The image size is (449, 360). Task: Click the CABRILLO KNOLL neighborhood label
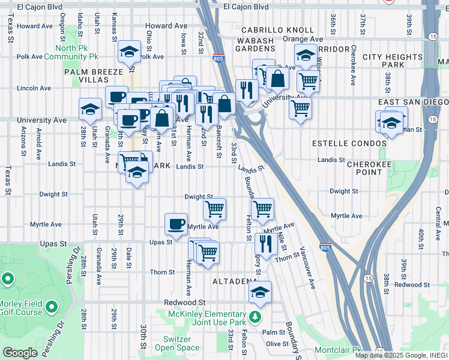(x=277, y=30)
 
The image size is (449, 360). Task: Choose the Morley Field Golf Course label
(x=21, y=307)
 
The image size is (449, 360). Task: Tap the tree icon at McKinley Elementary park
(x=256, y=316)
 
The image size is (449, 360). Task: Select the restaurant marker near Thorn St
(x=264, y=243)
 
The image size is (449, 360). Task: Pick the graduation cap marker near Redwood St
(x=261, y=292)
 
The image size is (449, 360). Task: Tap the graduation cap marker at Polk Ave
(x=129, y=52)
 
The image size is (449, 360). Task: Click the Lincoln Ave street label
(x=34, y=88)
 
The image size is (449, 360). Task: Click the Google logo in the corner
(x=20, y=353)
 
